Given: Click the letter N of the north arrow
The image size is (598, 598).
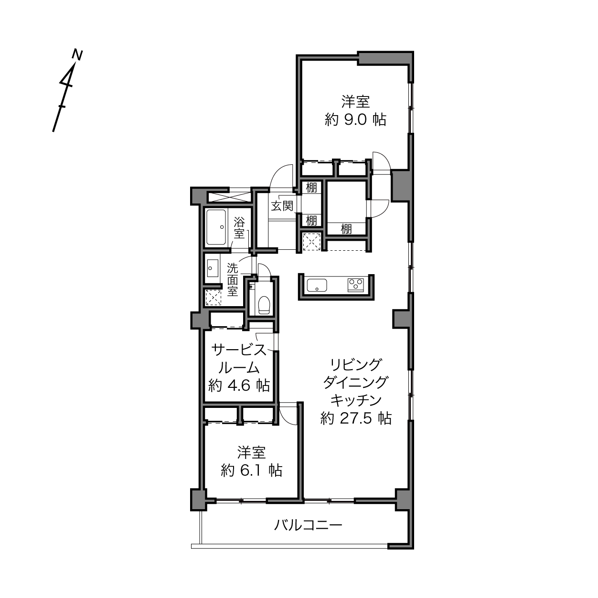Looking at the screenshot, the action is point(77,54).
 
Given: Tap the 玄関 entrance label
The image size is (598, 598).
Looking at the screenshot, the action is point(282,206).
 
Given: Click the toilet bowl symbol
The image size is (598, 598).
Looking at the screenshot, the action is point(264,305).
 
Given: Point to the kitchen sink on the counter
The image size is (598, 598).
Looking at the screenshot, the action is point(317,285).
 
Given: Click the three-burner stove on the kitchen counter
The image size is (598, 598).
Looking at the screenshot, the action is point(356,285).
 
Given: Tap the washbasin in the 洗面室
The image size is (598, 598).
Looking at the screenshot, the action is point(213,268).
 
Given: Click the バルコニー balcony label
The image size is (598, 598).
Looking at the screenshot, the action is point(308,525).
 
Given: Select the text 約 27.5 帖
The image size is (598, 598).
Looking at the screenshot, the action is point(356,418).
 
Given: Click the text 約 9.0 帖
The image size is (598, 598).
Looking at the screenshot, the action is point(356,119).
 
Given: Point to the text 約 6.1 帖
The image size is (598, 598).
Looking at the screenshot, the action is point(251,470).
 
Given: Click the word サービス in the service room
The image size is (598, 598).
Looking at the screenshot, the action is point(239,350).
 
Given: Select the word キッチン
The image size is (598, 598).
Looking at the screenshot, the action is point(356,401).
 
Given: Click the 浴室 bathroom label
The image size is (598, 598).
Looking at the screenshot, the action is point(239,228).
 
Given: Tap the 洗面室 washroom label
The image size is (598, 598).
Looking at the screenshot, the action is point(233,279).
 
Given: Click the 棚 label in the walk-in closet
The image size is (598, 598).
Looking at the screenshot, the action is point(346,229).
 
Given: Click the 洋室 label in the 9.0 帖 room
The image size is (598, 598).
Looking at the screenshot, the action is point(356,101).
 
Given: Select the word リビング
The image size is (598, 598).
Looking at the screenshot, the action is point(356,364).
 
